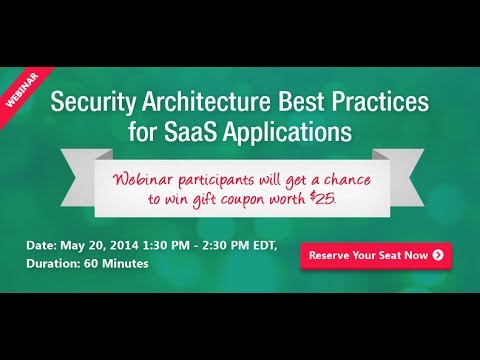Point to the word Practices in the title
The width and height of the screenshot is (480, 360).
coord(368,102)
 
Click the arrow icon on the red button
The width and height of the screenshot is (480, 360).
coord(438,255)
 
